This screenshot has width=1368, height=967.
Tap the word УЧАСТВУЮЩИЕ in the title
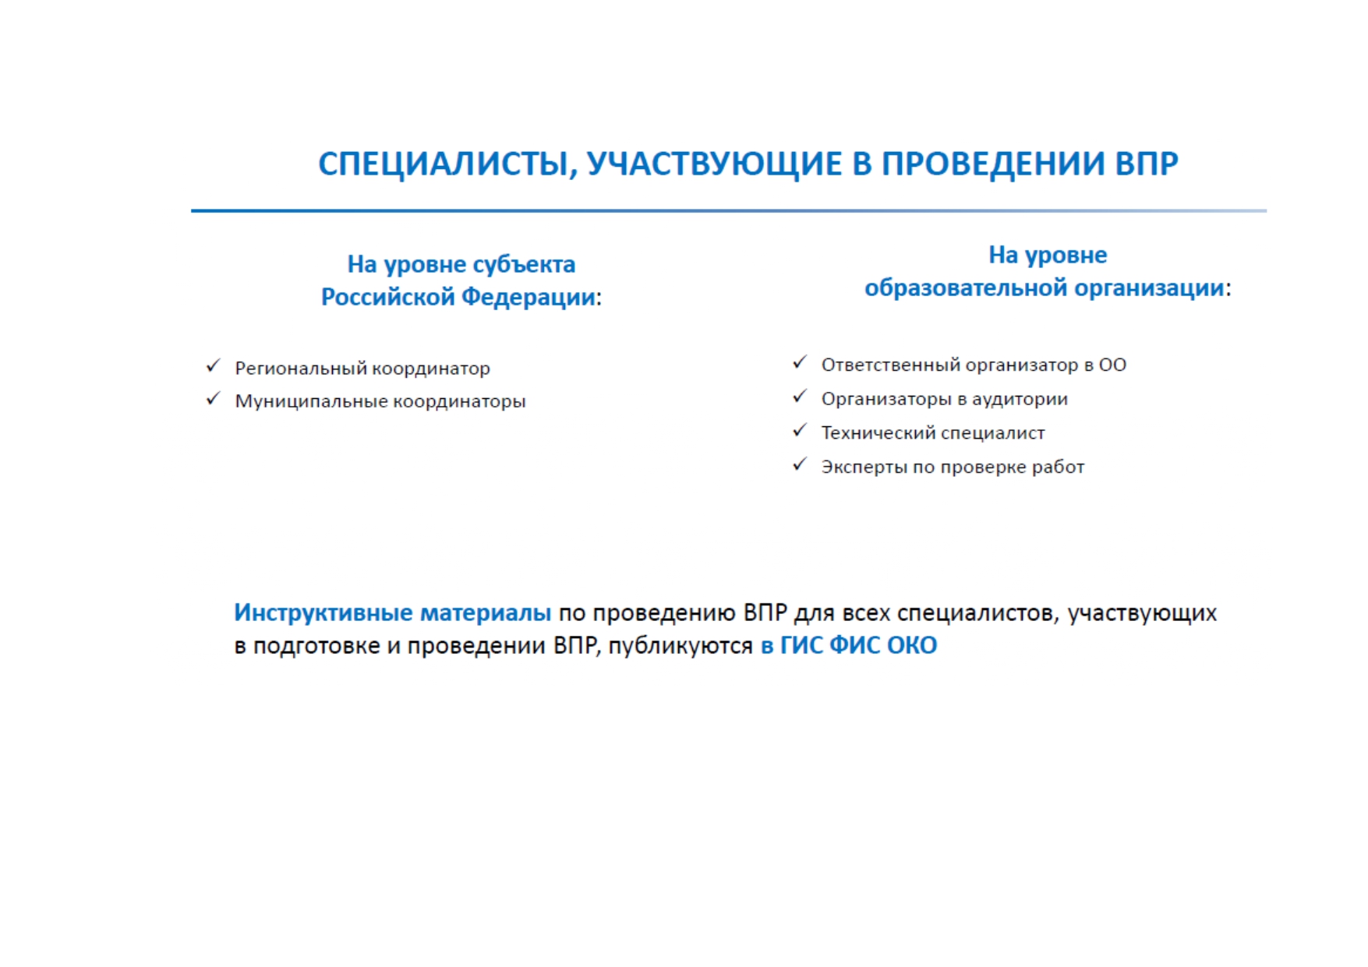pos(715,164)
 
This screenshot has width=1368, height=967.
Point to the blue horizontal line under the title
pos(729,210)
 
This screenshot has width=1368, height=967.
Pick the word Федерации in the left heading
pos(528,297)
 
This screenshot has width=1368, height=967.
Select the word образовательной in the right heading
pos(965,288)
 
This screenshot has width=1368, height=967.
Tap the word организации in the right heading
pos(1149,289)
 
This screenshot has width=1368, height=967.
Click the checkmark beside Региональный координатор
pos(213,365)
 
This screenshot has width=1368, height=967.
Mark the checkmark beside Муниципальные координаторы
pos(213,399)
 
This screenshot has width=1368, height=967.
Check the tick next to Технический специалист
pos(799,430)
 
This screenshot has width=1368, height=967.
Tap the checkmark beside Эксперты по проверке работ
pos(799,464)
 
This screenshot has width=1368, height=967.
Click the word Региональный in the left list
pos(300,369)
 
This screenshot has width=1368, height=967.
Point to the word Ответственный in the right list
pos(890,365)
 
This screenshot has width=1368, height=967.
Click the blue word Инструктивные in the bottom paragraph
pos(323,612)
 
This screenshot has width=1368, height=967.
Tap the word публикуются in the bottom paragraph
pos(680,646)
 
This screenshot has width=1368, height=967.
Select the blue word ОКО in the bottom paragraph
pos(912,645)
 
